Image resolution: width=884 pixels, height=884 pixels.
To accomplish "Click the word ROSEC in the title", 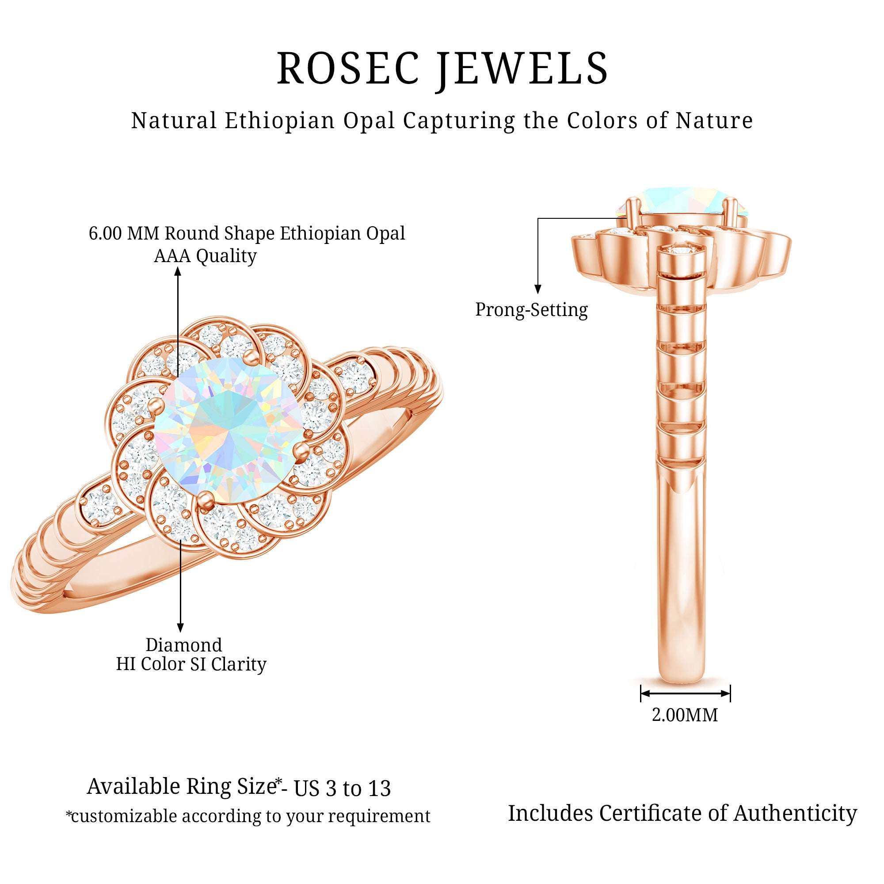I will (348, 69).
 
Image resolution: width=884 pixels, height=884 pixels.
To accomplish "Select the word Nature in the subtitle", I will (714, 121).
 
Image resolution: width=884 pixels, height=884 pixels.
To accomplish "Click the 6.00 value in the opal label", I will (105, 233).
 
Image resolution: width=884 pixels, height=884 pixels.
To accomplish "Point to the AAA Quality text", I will (205, 256).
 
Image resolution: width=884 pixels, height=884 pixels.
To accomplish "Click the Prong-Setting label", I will (531, 310).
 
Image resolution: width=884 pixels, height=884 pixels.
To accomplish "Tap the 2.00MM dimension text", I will (685, 715).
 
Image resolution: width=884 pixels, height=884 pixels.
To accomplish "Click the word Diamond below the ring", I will (183, 645).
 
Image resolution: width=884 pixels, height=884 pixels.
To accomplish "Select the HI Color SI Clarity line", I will (191, 664).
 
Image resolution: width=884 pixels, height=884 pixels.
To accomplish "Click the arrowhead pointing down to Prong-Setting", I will (538, 289).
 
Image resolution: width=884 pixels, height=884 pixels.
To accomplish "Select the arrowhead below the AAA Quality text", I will (178, 272).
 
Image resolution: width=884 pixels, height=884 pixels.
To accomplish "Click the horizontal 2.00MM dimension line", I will (685, 693).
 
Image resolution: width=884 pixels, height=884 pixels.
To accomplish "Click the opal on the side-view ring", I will (682, 200).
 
